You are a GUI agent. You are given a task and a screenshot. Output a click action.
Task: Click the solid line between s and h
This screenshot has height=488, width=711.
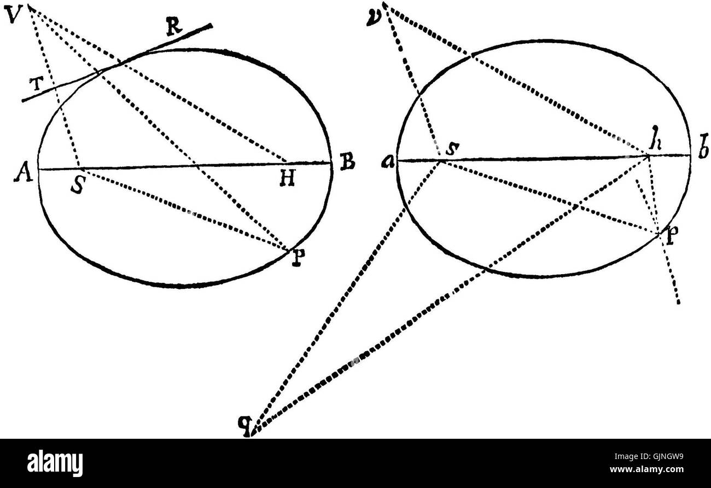[x=547, y=158]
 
